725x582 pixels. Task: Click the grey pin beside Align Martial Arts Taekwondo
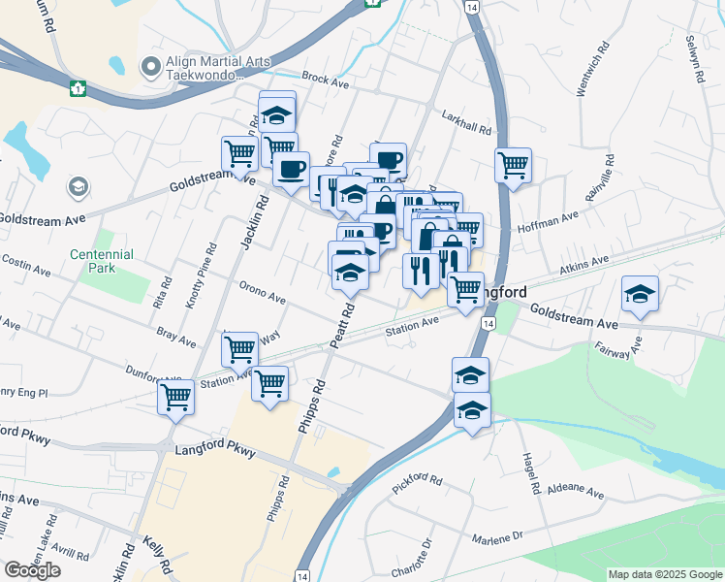[149, 67]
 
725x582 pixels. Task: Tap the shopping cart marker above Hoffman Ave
[513, 164]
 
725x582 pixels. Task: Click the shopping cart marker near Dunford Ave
[175, 396]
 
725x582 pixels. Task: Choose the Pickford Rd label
[418, 481]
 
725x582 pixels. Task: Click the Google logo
[32, 570]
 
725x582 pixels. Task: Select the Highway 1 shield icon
[78, 88]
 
